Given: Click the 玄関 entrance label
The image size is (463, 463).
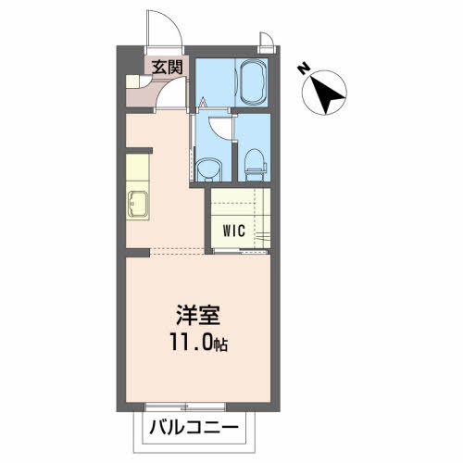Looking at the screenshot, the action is [x=167, y=67].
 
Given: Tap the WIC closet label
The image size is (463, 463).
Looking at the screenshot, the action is [x=234, y=231].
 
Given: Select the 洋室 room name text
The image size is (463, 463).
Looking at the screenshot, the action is [x=198, y=315].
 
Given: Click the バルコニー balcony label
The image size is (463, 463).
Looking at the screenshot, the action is [x=194, y=428].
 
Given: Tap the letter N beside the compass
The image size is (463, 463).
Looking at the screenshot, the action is [x=304, y=69].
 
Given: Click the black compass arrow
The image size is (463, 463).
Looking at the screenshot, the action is [x=327, y=94].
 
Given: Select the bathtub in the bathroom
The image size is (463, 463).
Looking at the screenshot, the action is [x=253, y=82].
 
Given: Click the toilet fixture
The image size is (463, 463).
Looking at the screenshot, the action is [x=255, y=165].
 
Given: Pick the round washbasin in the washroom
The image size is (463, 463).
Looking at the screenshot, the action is [x=209, y=170].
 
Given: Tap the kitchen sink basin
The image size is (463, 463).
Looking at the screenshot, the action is [x=138, y=205].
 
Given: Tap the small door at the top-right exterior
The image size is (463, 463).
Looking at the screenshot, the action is [x=266, y=40].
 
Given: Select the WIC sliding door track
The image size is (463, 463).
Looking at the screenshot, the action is [x=240, y=251].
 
